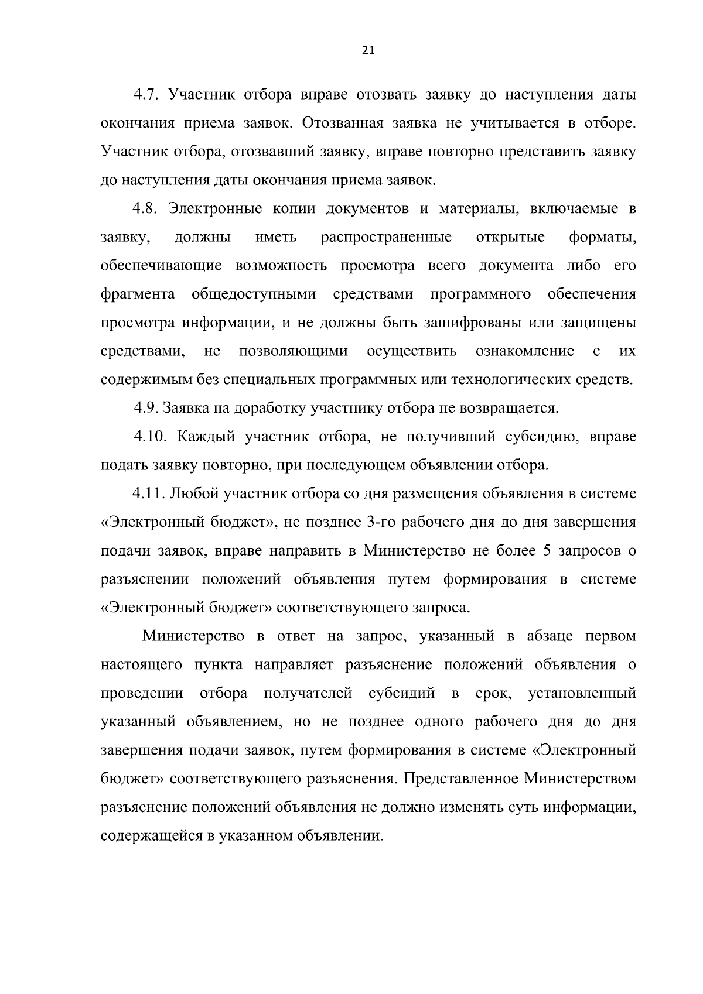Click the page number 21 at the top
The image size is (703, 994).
(x=368, y=51)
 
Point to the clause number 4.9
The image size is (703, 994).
(x=146, y=408)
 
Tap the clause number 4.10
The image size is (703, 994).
(x=150, y=437)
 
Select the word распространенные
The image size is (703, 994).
(x=386, y=237)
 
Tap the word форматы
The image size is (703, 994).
(x=602, y=237)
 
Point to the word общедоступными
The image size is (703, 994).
(x=254, y=294)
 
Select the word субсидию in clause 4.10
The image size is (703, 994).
(x=537, y=437)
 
